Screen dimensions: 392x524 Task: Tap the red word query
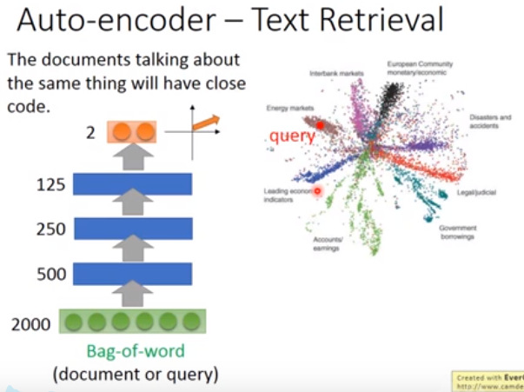pos(292,136)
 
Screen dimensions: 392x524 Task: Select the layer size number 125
pos(51,184)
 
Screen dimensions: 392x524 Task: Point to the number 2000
pos(31,324)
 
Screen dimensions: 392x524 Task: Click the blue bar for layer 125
pos(133,184)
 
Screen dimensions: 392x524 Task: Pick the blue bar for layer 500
pos(133,275)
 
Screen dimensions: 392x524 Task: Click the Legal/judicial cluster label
pos(476,191)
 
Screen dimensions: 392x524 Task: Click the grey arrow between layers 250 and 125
pos(133,206)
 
